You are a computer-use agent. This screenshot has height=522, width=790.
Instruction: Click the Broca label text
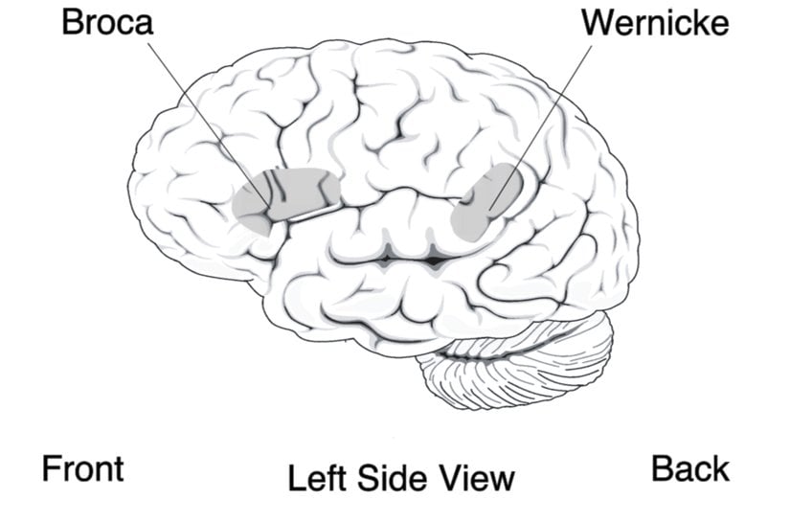107,22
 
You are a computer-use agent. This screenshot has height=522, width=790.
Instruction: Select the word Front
83,468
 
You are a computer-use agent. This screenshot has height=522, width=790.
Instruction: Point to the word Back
690,468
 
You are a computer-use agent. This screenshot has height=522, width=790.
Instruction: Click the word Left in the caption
315,476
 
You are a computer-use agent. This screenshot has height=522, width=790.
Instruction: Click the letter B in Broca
73,22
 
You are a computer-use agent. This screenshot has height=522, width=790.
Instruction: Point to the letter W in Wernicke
597,22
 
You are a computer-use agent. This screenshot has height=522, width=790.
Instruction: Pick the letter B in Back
662,468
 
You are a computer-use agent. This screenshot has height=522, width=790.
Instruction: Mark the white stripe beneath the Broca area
316,211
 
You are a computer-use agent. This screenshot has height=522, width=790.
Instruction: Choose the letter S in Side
369,476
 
